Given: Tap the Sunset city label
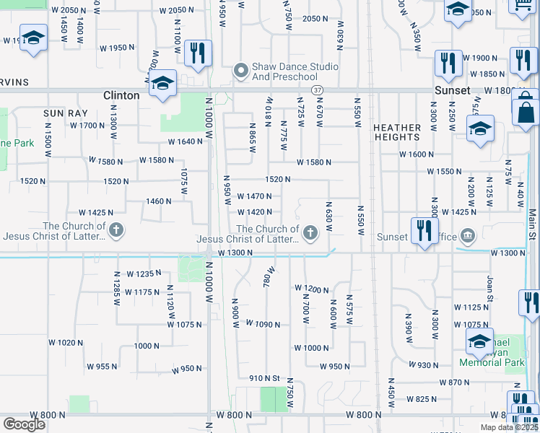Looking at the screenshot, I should point(453,90).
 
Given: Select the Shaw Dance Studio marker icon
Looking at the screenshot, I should point(240,71).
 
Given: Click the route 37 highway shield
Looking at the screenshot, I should point(318,89).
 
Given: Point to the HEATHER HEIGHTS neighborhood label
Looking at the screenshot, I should point(397,132).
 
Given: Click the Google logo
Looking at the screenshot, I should point(25,424).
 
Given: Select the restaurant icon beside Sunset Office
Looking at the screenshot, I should point(423,232).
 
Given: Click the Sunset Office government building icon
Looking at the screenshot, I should point(468,235).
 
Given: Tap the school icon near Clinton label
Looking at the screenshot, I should point(163,83).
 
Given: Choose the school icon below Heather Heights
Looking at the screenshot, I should point(480,130).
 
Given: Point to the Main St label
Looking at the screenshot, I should point(532,226).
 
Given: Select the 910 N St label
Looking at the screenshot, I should point(264,378).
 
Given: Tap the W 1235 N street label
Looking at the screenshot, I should point(141,274).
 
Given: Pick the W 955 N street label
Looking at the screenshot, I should point(102,367).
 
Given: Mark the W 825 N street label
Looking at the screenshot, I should point(422,399).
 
